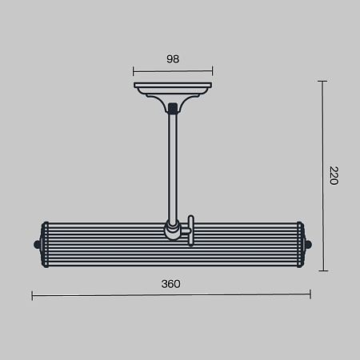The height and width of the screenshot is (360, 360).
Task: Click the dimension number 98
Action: pos(173,59)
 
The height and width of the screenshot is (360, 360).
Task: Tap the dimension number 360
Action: pos(170,284)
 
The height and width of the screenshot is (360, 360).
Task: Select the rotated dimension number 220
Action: pos(334,175)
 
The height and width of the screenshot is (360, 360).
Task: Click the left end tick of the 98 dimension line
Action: pos(134,71)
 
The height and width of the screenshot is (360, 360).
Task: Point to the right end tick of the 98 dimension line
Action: pos(212,71)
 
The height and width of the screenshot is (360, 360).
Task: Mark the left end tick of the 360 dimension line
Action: pos(32,296)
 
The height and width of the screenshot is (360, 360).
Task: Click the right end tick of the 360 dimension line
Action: pos(310,294)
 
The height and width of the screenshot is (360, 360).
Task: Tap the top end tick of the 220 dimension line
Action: pos(322,81)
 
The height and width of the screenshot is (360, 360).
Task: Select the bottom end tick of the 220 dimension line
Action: pos(323,270)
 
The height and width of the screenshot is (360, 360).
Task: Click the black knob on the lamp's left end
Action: pos(37,244)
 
